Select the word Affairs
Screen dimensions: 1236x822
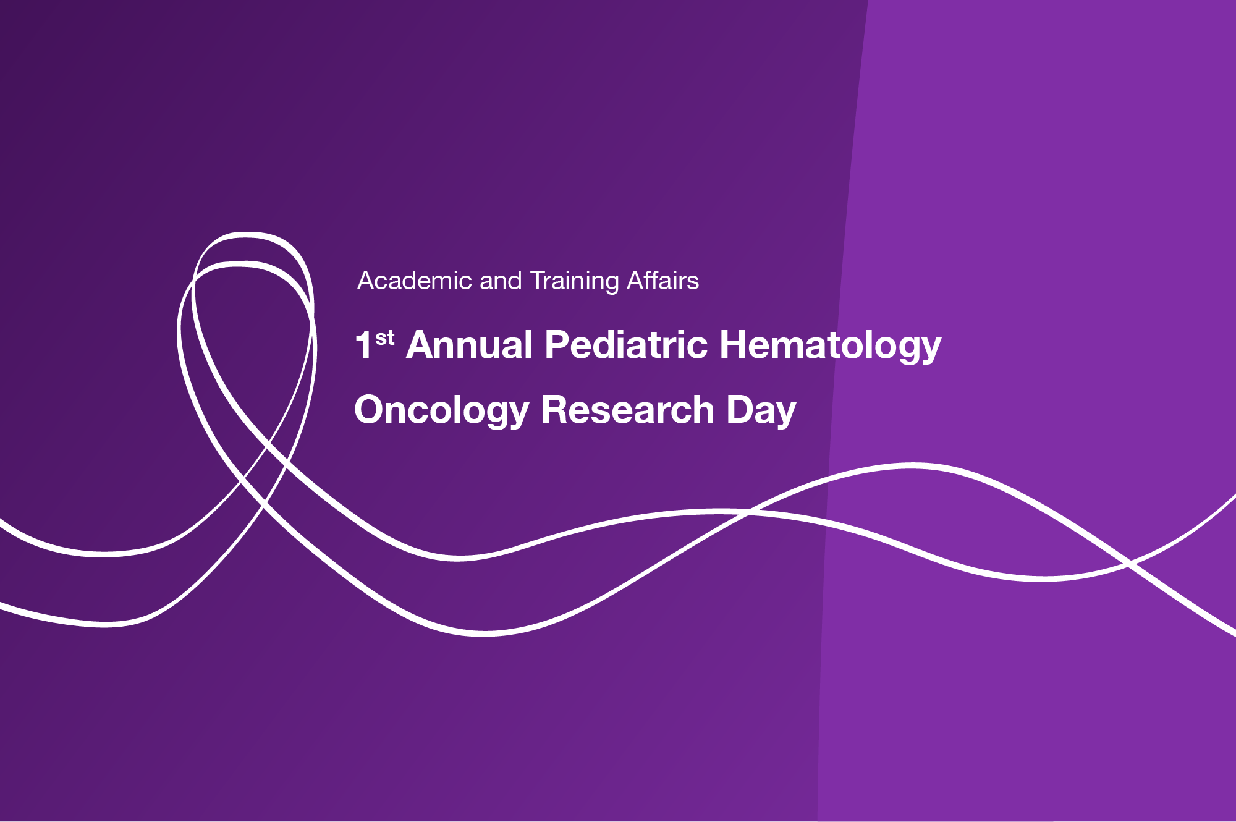(663, 281)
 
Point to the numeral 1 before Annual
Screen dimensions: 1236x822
(363, 344)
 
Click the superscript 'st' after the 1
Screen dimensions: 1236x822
(385, 338)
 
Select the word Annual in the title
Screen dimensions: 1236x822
(470, 344)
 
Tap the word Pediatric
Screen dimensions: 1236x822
(626, 344)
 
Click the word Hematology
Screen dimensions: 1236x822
(831, 346)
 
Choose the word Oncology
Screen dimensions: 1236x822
(442, 411)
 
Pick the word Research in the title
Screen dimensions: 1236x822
(628, 409)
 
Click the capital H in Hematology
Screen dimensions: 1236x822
(734, 344)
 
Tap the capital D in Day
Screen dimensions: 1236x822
(740, 409)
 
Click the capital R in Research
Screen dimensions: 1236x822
(554, 409)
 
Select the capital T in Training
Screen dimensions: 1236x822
(538, 281)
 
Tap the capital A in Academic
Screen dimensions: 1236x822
(367, 281)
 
